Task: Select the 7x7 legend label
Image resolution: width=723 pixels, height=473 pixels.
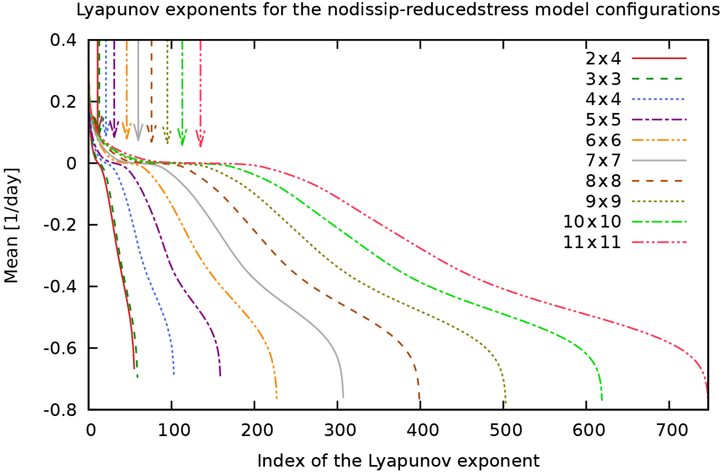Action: pyautogui.click(x=603, y=160)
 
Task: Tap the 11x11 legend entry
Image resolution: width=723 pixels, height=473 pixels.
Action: pyautogui.click(x=592, y=242)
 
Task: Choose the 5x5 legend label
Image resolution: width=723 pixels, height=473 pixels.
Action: pyautogui.click(x=603, y=119)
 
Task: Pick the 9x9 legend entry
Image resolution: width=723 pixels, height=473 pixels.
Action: pyautogui.click(x=603, y=201)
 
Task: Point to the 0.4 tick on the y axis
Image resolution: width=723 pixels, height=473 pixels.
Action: pyautogui.click(x=64, y=40)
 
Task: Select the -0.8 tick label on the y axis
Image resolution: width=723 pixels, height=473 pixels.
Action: pyautogui.click(x=62, y=410)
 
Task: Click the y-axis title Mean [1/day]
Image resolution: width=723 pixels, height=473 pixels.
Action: pyautogui.click(x=12, y=225)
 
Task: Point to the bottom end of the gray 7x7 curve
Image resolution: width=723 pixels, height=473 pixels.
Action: pyautogui.click(x=343, y=397)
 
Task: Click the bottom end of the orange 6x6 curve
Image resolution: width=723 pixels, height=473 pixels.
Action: pyautogui.click(x=277, y=398)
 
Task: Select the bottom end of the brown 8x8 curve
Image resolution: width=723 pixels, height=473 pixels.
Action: pyautogui.click(x=419, y=400)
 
